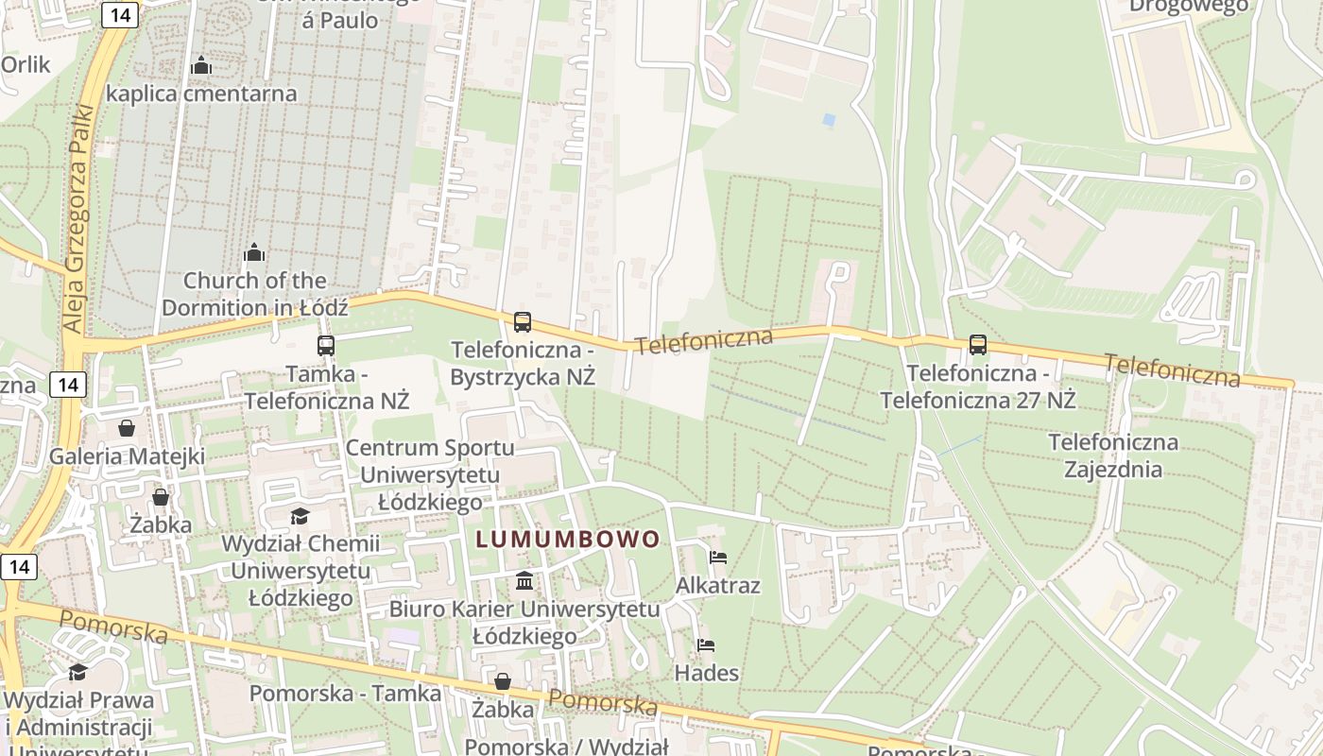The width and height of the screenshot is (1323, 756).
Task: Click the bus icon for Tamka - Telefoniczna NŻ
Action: click(326, 346)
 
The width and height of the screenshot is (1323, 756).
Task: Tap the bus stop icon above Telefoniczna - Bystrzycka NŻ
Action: click(523, 322)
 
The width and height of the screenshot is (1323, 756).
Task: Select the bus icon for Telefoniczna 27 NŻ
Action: click(978, 346)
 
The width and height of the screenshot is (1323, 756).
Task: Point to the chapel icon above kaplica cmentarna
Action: click(201, 66)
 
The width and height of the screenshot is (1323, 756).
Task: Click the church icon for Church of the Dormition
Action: click(253, 252)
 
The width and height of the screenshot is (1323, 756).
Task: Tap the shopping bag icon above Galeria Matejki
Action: click(127, 429)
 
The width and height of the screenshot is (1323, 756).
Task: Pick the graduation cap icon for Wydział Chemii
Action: click(300, 516)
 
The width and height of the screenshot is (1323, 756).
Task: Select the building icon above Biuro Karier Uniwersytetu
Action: click(524, 579)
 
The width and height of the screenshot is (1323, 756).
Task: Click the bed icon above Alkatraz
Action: click(718, 558)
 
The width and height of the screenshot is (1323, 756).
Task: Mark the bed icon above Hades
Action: click(706, 645)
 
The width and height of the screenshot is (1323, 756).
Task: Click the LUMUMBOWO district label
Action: click(568, 540)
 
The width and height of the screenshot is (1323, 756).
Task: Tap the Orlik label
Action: click(26, 64)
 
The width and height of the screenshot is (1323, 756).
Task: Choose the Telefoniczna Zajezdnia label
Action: click(1113, 455)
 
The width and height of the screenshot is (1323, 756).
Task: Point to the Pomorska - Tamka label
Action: click(345, 693)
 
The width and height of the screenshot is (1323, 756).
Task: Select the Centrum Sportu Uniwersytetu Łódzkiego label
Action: click(430, 474)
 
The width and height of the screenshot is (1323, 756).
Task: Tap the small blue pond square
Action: click(829, 120)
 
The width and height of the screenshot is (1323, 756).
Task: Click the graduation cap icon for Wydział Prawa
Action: click(78, 672)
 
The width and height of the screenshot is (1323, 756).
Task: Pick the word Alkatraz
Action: click(718, 586)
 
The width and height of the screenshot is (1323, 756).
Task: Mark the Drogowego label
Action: click(1189, 6)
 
